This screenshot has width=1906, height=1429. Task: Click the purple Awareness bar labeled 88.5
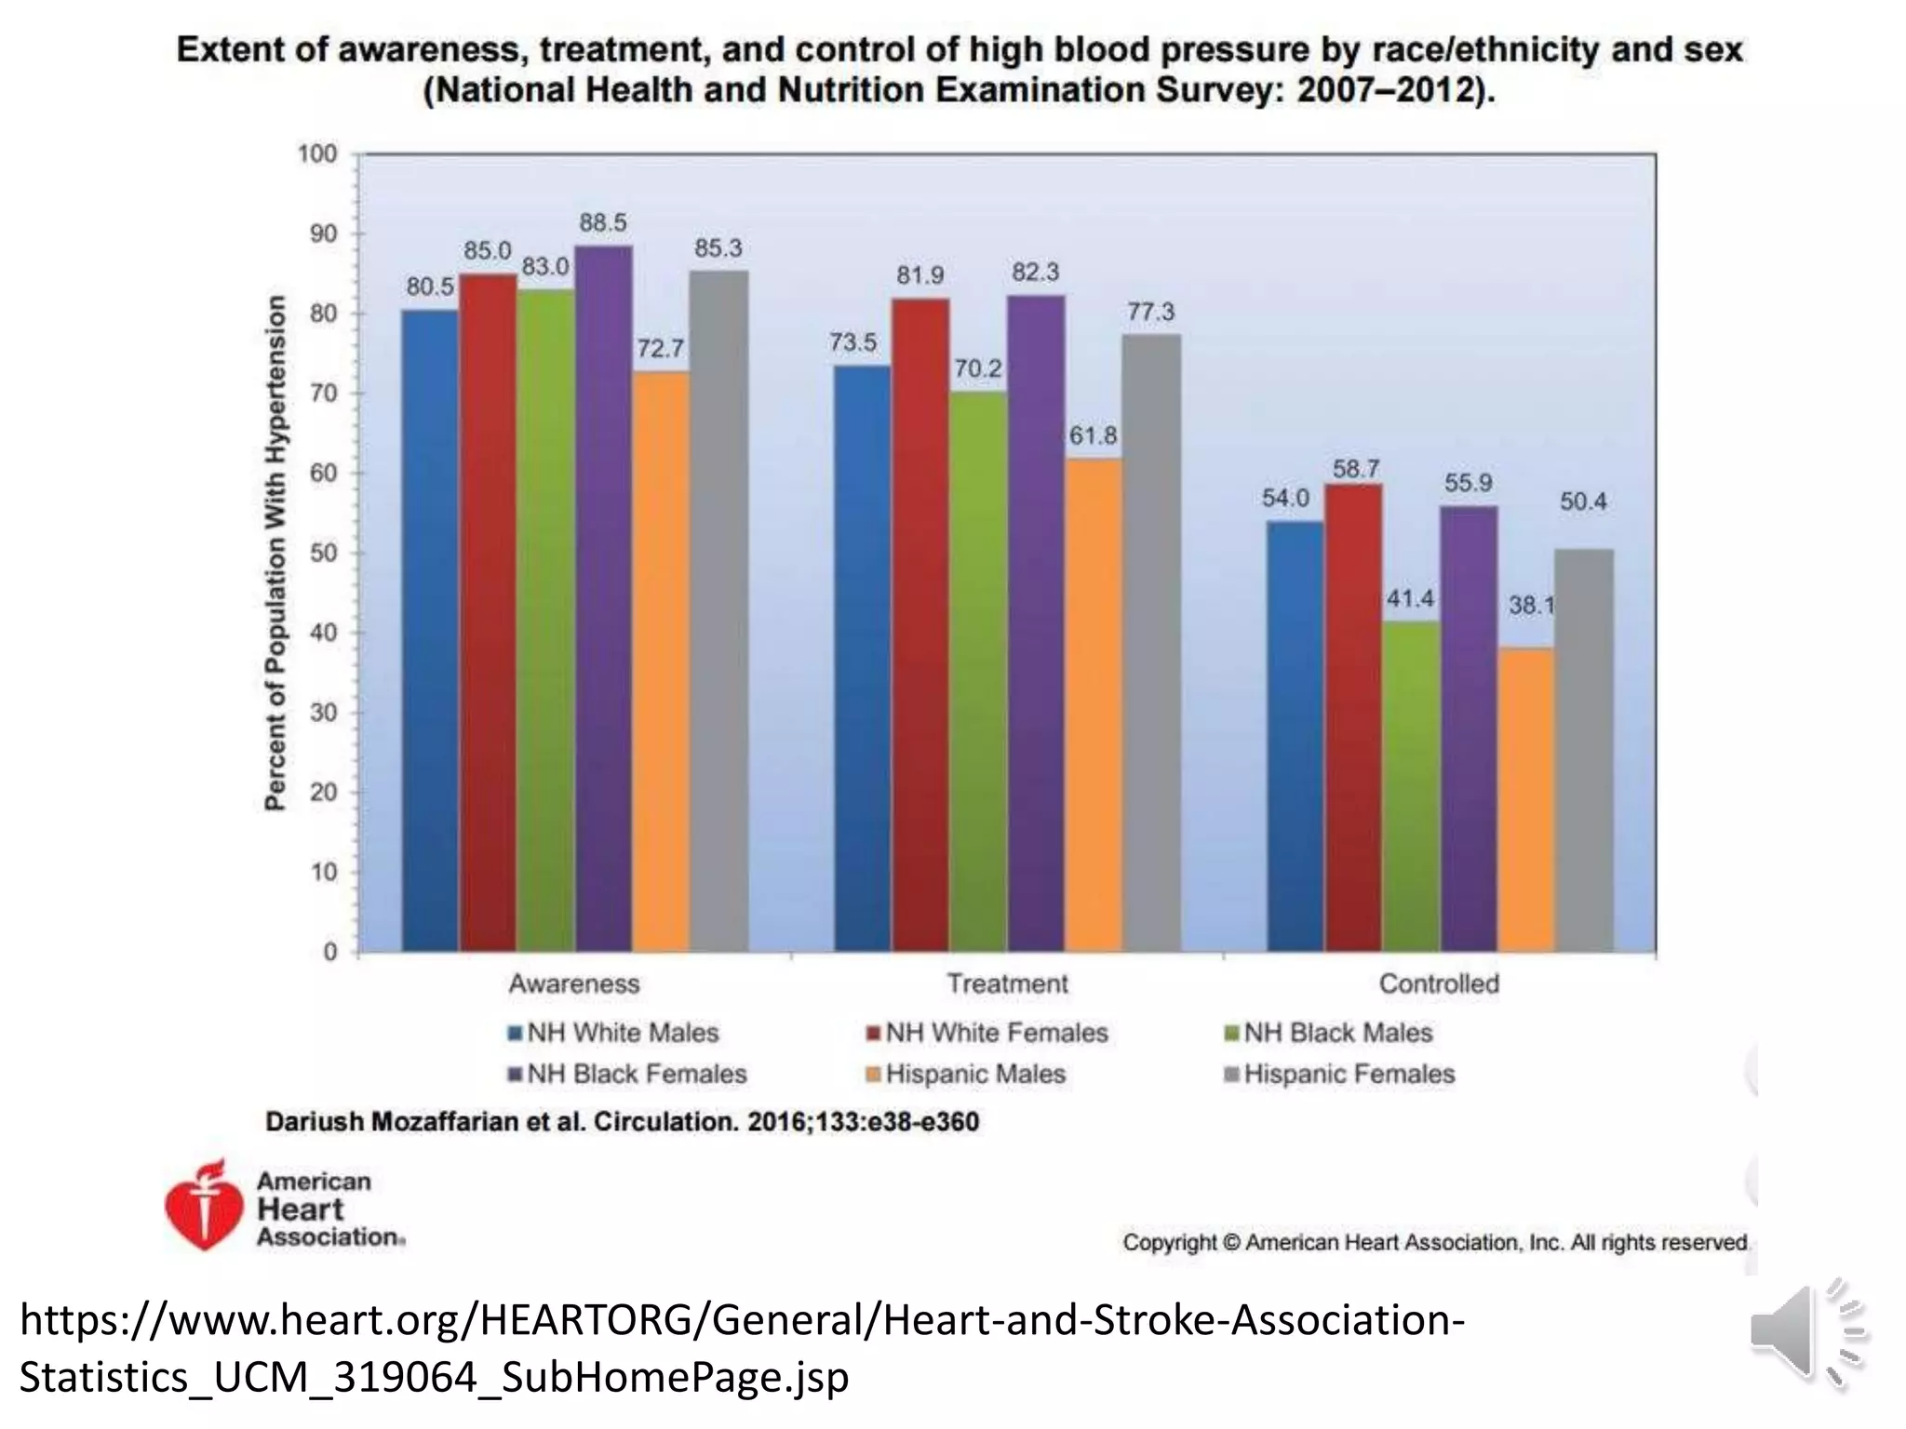pyautogui.click(x=603, y=595)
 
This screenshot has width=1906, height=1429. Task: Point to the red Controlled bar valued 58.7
pyautogui.click(x=1353, y=717)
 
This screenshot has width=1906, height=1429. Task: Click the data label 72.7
pyautogui.click(x=660, y=349)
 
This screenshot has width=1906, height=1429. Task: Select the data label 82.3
pyautogui.click(x=1035, y=273)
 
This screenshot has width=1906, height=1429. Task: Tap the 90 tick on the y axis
pyautogui.click(x=323, y=234)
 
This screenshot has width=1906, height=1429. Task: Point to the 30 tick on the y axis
pyautogui.click(x=323, y=713)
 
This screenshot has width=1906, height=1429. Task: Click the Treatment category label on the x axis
pyautogui.click(x=1007, y=983)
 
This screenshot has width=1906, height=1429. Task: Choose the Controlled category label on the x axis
pyautogui.click(x=1439, y=983)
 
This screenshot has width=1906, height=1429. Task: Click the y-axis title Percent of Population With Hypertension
pyautogui.click(x=275, y=553)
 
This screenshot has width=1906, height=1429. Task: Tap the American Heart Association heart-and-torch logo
pyautogui.click(x=203, y=1206)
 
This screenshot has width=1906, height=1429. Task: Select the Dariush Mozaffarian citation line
pyautogui.click(x=622, y=1122)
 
